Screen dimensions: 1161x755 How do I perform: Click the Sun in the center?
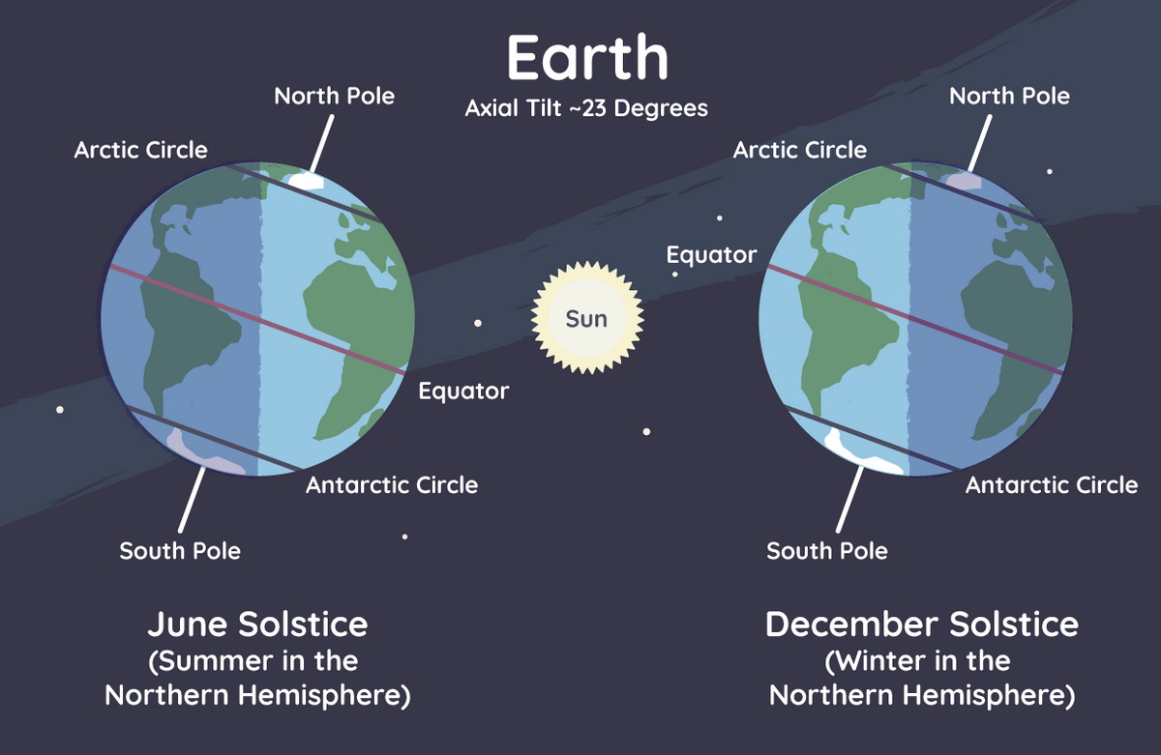coord(587,317)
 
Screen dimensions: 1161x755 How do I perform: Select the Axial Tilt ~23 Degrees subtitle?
coord(586,108)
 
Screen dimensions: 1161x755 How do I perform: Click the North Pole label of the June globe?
coord(335,96)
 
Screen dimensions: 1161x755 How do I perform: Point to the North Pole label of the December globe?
coord(1010,96)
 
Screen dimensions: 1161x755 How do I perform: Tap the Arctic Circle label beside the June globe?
coord(141,150)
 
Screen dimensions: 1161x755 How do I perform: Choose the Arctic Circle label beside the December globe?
coord(800,150)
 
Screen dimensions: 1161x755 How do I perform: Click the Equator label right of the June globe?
coord(463,392)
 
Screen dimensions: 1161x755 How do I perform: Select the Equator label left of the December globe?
coord(712,255)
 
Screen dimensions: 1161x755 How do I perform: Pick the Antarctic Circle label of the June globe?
coord(392,485)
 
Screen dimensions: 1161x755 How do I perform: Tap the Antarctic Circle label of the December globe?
coord(1052,485)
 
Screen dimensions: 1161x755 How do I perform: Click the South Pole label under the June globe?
coord(180,551)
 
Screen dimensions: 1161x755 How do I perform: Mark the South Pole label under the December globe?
coord(827,551)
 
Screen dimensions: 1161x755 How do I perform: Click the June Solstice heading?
coord(257,624)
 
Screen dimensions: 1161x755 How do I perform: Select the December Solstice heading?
coord(922,624)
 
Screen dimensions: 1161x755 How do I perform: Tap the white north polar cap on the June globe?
coord(307,181)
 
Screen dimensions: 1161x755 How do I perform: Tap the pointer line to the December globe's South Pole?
coord(850,499)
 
